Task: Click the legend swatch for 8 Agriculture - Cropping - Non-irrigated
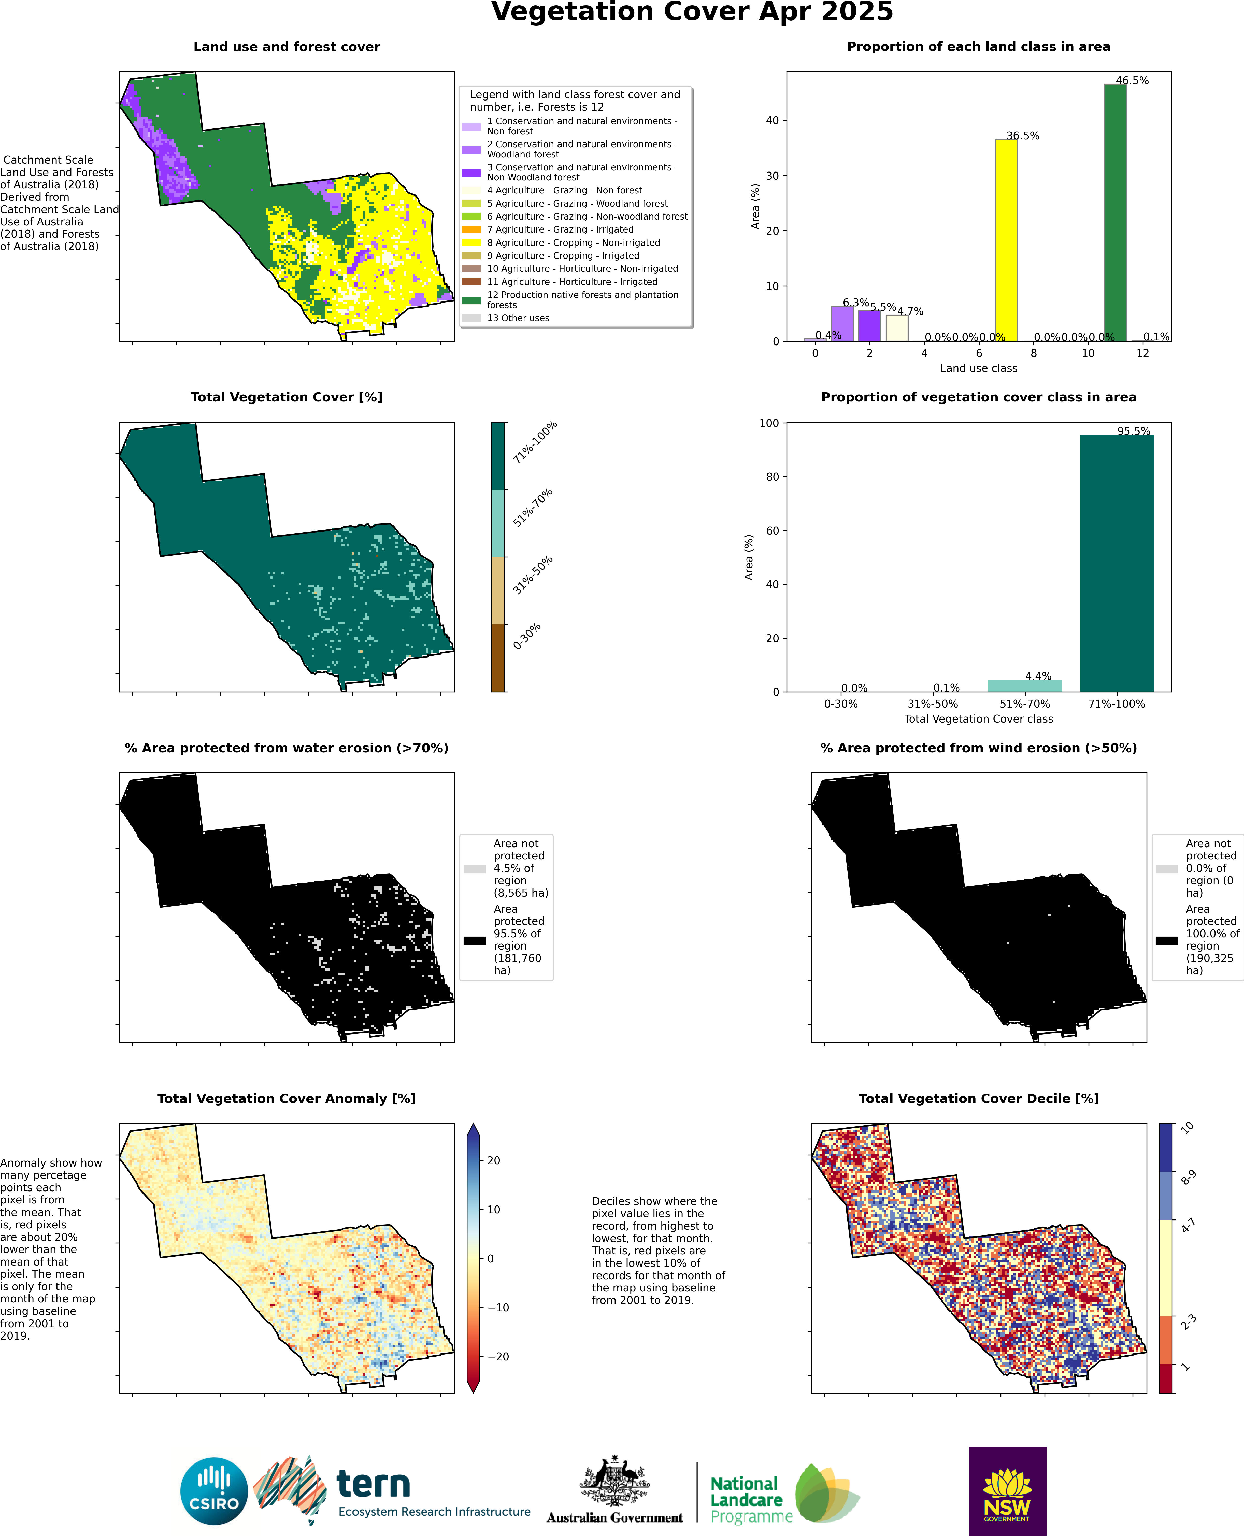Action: (471, 243)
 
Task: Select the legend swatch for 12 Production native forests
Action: (471, 300)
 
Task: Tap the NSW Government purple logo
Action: (1007, 1491)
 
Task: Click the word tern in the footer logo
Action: (373, 1484)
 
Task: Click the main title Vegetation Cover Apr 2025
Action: (692, 12)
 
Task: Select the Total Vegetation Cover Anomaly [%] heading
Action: (287, 1098)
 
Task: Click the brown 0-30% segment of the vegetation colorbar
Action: (498, 658)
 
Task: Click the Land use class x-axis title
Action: (978, 368)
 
